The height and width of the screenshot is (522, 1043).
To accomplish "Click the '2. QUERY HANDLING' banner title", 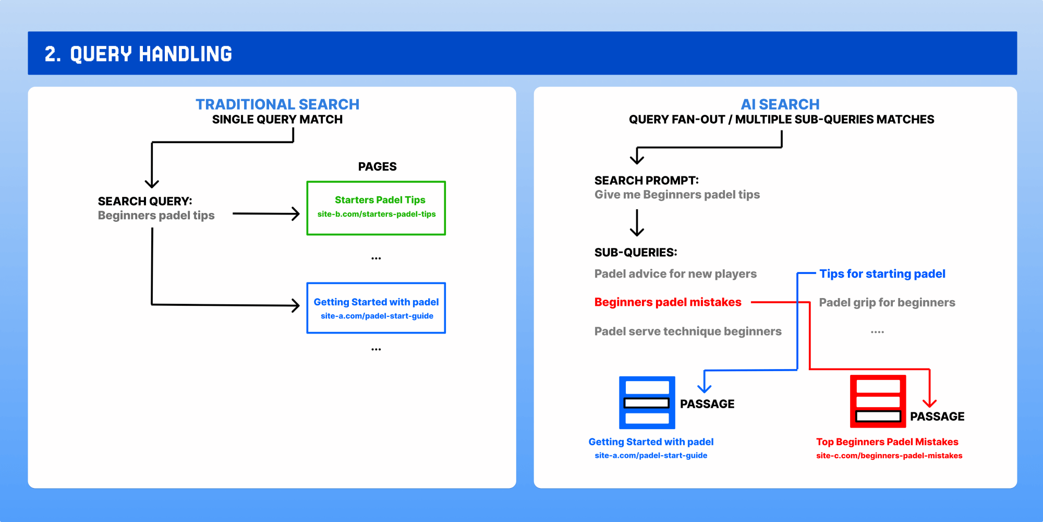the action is point(138,54).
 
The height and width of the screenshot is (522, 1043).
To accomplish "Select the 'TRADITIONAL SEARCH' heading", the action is point(277,104).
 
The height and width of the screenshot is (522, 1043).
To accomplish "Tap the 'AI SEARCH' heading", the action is point(780,104).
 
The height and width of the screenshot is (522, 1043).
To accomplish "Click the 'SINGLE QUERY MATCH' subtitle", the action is point(277,120).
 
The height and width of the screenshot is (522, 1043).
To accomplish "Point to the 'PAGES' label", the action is point(377,167).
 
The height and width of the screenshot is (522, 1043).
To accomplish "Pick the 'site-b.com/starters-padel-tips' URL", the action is point(377,214).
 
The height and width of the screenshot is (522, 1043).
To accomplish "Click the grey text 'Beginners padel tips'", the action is point(156,216).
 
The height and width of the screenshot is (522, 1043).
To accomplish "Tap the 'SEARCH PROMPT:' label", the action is point(647,181).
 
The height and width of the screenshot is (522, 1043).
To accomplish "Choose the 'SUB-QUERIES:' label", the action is point(636,253).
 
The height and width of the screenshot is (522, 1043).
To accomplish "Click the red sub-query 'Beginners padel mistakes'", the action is point(668,302).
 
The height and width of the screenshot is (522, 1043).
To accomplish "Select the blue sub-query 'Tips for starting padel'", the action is point(882,274).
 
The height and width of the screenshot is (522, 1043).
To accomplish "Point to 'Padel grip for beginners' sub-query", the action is point(887,303).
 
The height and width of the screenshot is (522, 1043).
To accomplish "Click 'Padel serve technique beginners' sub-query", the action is point(688,331).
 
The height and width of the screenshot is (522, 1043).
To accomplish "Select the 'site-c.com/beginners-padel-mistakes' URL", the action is point(889,456).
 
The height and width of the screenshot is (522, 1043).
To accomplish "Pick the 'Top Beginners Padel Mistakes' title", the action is point(887,442).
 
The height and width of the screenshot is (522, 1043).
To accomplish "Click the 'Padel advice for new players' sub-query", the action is point(675,274).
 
